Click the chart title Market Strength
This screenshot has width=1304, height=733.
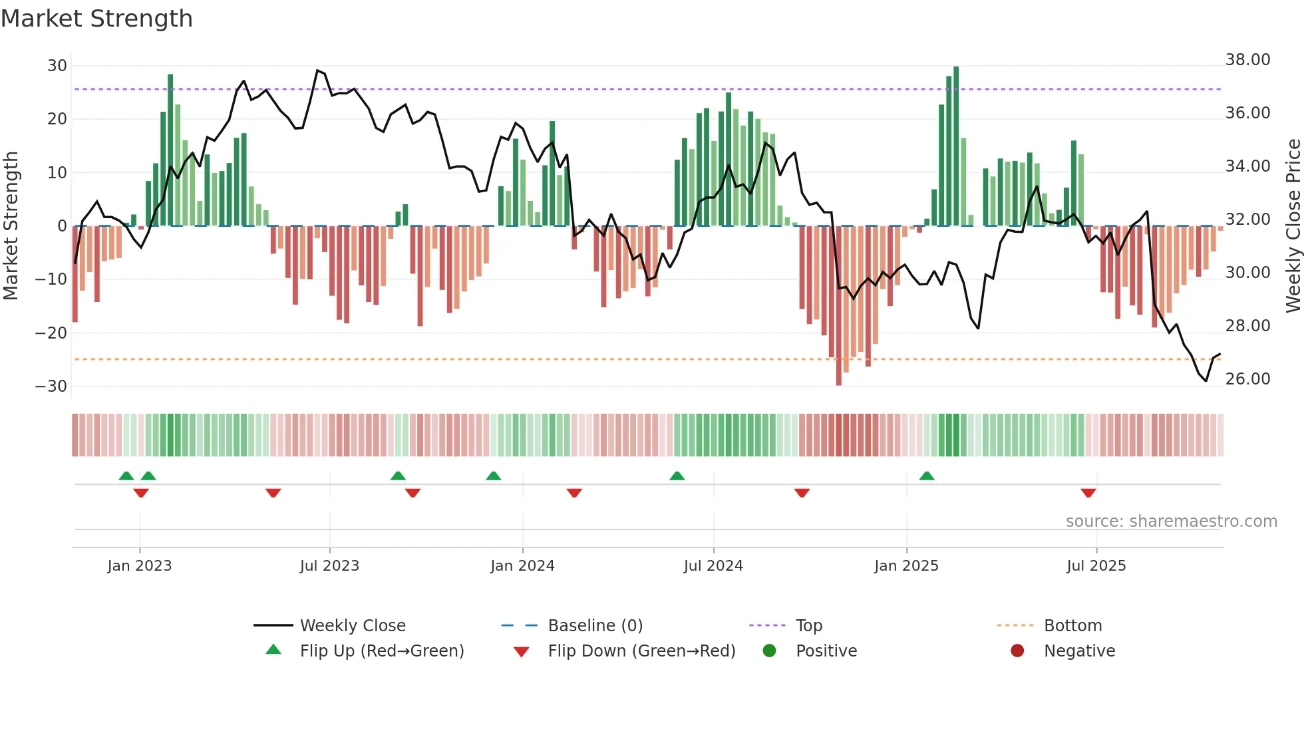pyautogui.click(x=96, y=19)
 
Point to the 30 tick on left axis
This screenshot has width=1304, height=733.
pyautogui.click(x=57, y=66)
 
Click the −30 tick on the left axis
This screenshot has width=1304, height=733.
pyautogui.click(x=51, y=386)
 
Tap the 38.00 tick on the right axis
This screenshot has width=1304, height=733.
pyautogui.click(x=1247, y=60)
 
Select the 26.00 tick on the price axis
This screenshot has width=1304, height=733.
pyautogui.click(x=1247, y=379)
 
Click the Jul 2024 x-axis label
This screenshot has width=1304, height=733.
pyautogui.click(x=713, y=566)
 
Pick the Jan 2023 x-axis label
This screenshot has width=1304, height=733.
pyautogui.click(x=139, y=566)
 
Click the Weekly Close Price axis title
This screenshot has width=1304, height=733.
pyautogui.click(x=1293, y=226)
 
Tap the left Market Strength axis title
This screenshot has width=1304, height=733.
pyautogui.click(x=11, y=226)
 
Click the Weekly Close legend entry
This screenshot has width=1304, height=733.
pyautogui.click(x=352, y=626)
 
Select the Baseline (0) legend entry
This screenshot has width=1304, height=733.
pyautogui.click(x=595, y=626)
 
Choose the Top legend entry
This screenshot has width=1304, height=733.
pyautogui.click(x=808, y=626)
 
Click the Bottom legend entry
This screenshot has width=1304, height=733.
pyautogui.click(x=1072, y=626)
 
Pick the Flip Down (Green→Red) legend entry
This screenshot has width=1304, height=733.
pyautogui.click(x=641, y=651)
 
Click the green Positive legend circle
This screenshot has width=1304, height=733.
pyautogui.click(x=769, y=651)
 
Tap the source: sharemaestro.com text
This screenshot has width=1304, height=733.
pyautogui.click(x=1171, y=521)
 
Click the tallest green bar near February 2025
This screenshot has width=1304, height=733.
pyautogui.click(x=956, y=146)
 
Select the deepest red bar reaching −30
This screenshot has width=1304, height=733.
pyautogui.click(x=838, y=306)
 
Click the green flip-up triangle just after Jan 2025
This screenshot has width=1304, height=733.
pyautogui.click(x=927, y=476)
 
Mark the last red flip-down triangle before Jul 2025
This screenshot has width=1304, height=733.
pyautogui.click(x=1088, y=493)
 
